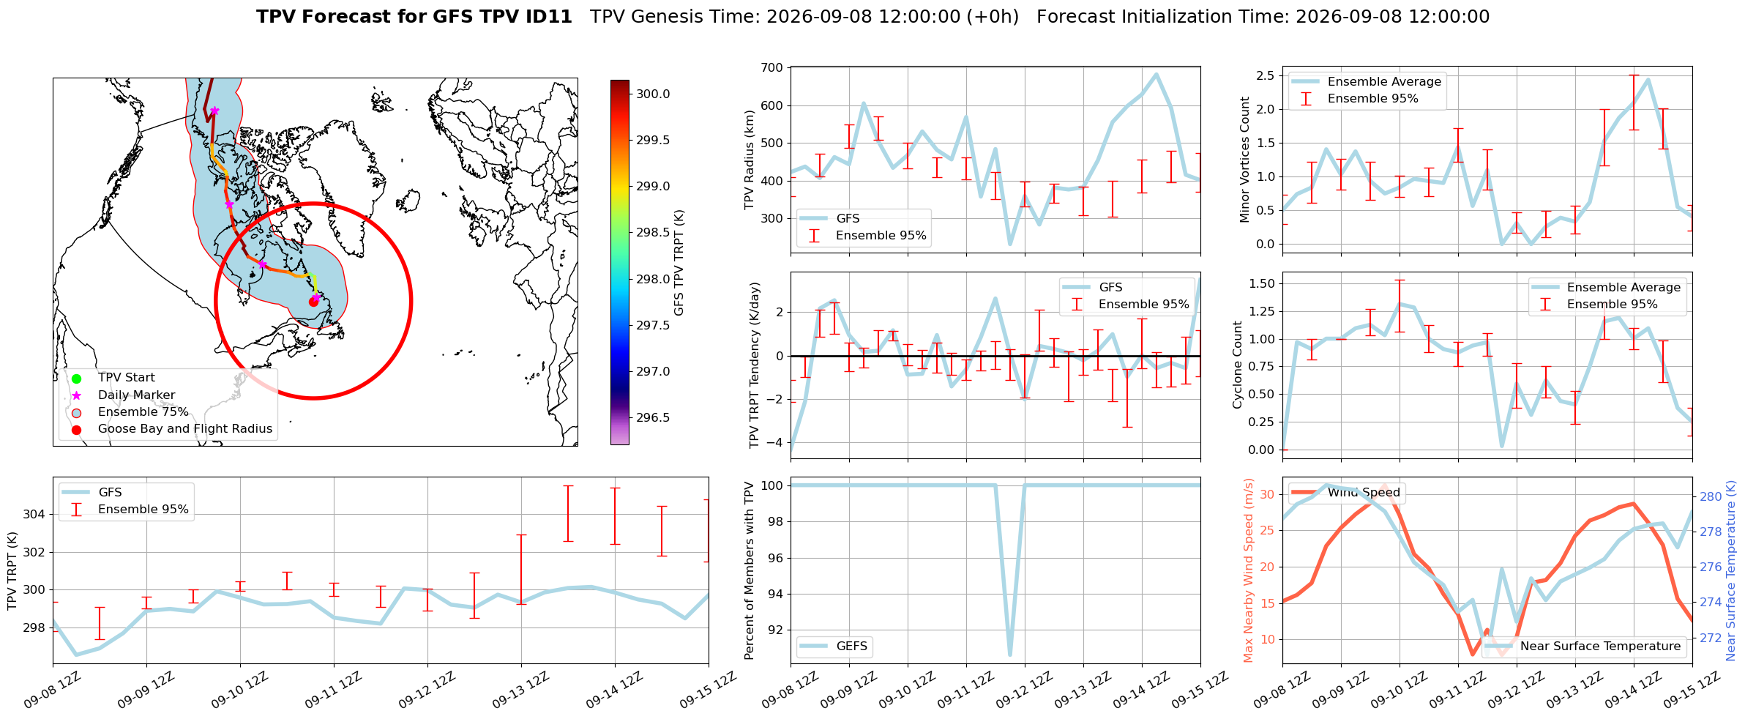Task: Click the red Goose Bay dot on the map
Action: click(313, 302)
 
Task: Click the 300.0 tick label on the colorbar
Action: click(653, 94)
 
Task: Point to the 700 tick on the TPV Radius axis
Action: click(773, 68)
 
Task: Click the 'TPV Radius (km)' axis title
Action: click(750, 160)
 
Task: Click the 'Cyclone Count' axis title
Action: click(1238, 365)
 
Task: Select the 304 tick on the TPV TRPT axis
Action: click(34, 514)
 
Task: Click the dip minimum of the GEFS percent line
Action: click(1010, 655)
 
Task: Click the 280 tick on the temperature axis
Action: click(1711, 497)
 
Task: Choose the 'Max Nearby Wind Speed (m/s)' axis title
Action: click(1249, 570)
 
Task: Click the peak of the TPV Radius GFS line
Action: click(1157, 73)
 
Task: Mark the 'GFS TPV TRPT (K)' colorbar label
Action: click(679, 263)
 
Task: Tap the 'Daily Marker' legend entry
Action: click(136, 395)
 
